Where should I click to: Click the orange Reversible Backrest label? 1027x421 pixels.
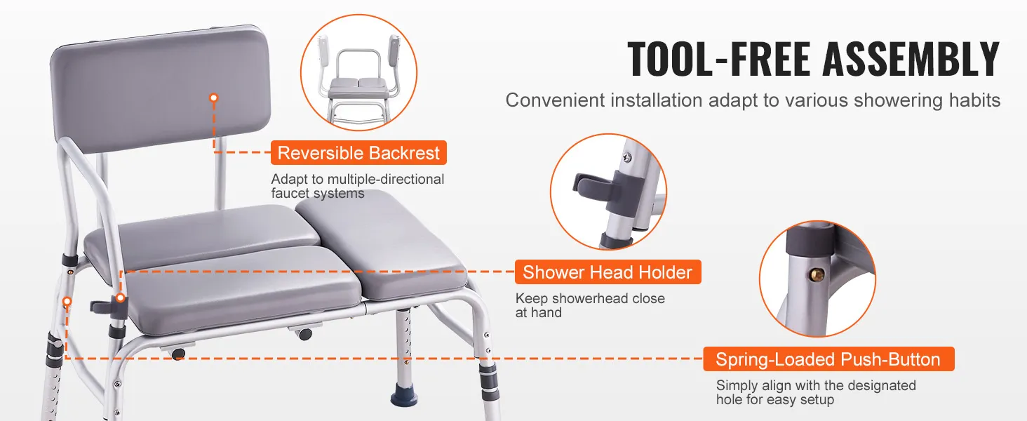click(x=358, y=153)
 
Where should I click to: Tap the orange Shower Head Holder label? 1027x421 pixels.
click(x=608, y=272)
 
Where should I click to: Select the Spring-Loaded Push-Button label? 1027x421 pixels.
click(x=828, y=359)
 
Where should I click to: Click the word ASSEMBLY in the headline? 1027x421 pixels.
click(x=911, y=59)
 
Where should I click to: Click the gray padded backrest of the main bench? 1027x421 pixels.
click(x=161, y=87)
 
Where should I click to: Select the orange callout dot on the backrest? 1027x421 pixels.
click(x=214, y=98)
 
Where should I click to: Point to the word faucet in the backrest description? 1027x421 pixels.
click(x=290, y=193)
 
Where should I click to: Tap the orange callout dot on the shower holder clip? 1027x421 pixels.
click(x=120, y=298)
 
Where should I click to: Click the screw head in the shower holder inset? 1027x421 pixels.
click(x=628, y=158)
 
